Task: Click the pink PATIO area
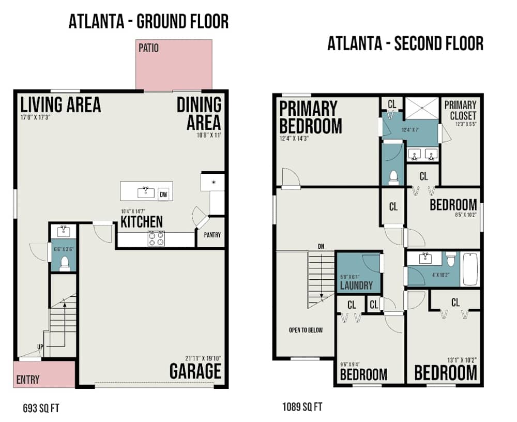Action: (x=174, y=65)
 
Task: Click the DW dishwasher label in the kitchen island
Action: (x=163, y=194)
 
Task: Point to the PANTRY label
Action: (x=212, y=235)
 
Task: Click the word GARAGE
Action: (x=195, y=371)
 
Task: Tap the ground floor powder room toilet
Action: (x=65, y=264)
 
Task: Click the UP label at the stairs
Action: (x=40, y=346)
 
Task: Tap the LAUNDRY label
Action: (x=356, y=285)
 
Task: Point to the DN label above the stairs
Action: (x=321, y=247)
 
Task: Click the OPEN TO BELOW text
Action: (x=306, y=330)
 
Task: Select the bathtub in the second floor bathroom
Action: (x=470, y=269)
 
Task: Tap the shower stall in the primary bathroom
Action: (x=421, y=109)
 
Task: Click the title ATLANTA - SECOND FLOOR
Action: (x=405, y=43)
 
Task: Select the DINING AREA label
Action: (x=199, y=113)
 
